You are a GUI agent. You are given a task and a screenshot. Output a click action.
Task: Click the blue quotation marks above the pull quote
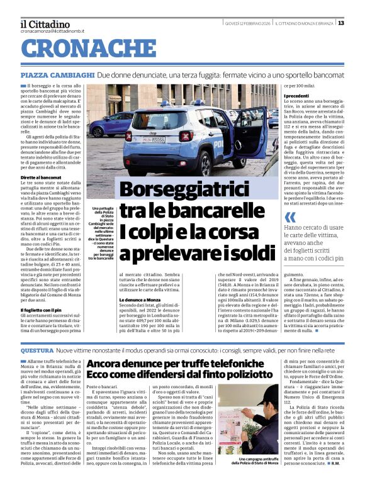289,217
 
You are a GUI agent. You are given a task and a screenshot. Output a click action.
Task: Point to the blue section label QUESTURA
36,350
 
